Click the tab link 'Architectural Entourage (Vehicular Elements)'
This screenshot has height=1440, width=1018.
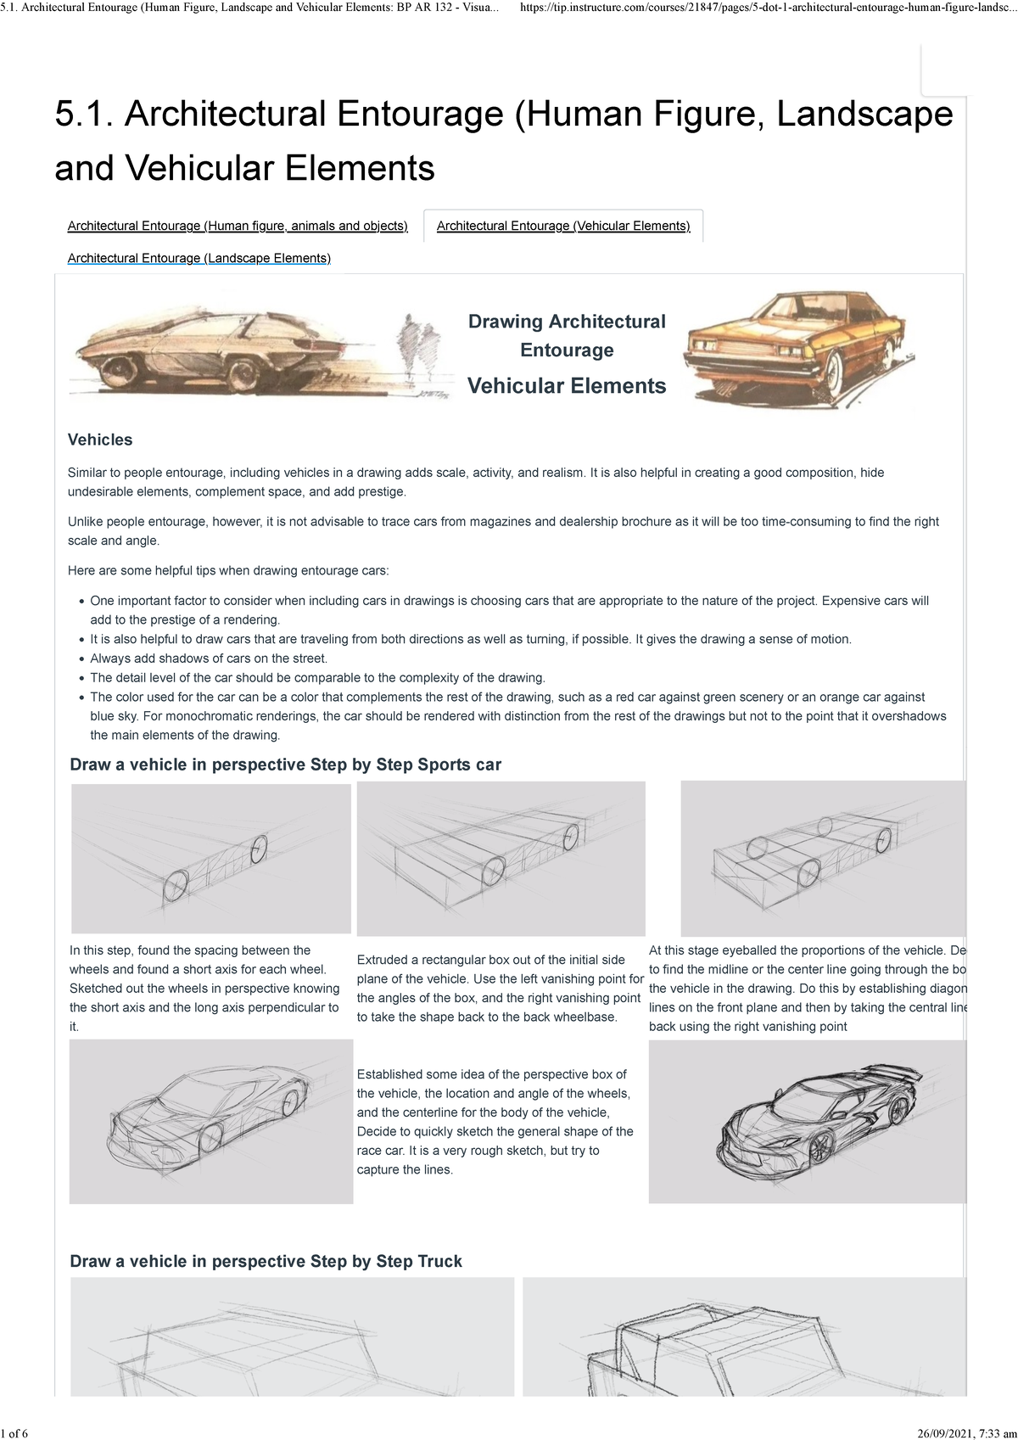point(563,226)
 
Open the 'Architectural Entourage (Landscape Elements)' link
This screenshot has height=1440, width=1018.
point(199,258)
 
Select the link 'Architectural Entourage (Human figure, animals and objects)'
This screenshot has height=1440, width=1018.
point(238,226)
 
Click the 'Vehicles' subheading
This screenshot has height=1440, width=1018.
point(100,440)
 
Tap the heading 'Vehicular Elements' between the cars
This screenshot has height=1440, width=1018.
point(567,386)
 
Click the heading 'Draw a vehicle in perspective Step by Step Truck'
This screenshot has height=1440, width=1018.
point(266,1261)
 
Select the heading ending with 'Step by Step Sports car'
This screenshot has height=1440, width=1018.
point(285,765)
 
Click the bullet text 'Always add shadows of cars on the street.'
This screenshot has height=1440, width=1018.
point(209,658)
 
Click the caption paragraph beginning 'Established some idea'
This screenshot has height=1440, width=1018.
point(495,1122)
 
